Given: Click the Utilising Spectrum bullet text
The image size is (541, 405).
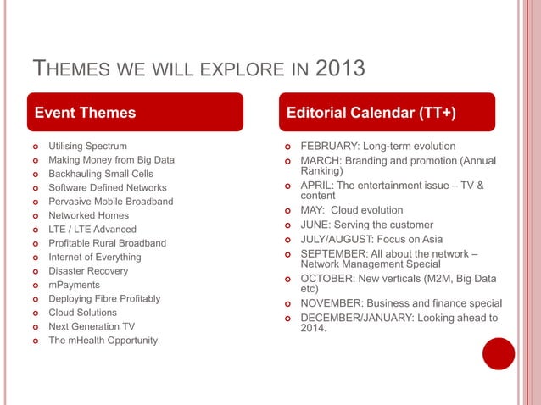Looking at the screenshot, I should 87,147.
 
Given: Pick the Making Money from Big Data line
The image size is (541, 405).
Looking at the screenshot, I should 111,160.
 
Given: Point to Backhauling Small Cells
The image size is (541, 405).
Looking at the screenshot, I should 100,174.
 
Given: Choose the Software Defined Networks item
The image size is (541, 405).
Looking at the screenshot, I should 107,187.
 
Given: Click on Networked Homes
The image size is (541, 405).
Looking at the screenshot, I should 88,215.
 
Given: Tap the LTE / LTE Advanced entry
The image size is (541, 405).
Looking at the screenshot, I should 92,229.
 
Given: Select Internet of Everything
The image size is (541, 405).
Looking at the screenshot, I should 94,257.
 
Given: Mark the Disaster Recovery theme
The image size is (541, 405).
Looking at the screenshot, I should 88,271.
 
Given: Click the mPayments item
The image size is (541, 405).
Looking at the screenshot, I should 74,285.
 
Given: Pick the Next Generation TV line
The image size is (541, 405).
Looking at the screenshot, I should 91,326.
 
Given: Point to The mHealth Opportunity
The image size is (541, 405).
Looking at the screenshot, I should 103,341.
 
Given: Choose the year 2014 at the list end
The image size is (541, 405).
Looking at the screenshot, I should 313,329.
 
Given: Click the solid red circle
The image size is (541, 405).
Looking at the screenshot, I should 499,354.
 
